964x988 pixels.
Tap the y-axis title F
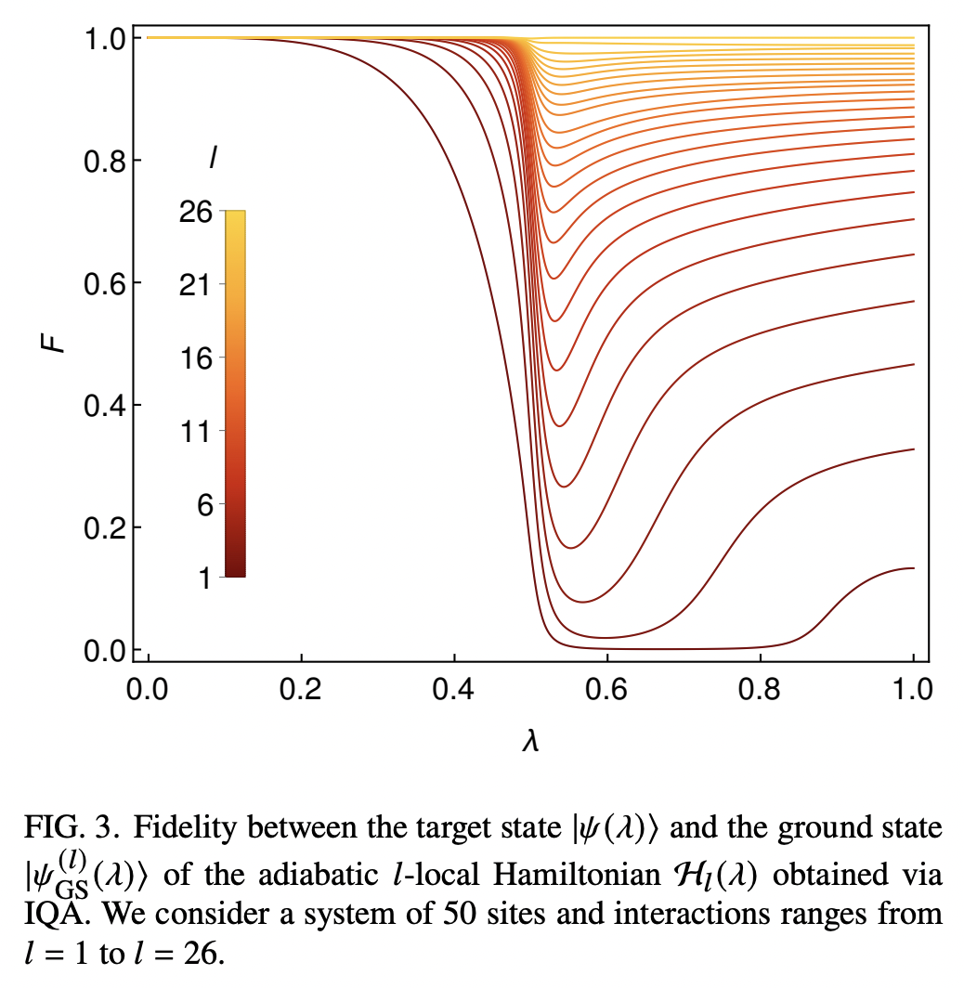(x=58, y=343)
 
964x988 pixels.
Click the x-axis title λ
(x=531, y=744)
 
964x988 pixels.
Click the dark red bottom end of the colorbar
(x=235, y=572)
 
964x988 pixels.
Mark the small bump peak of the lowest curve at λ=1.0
(x=912, y=568)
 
